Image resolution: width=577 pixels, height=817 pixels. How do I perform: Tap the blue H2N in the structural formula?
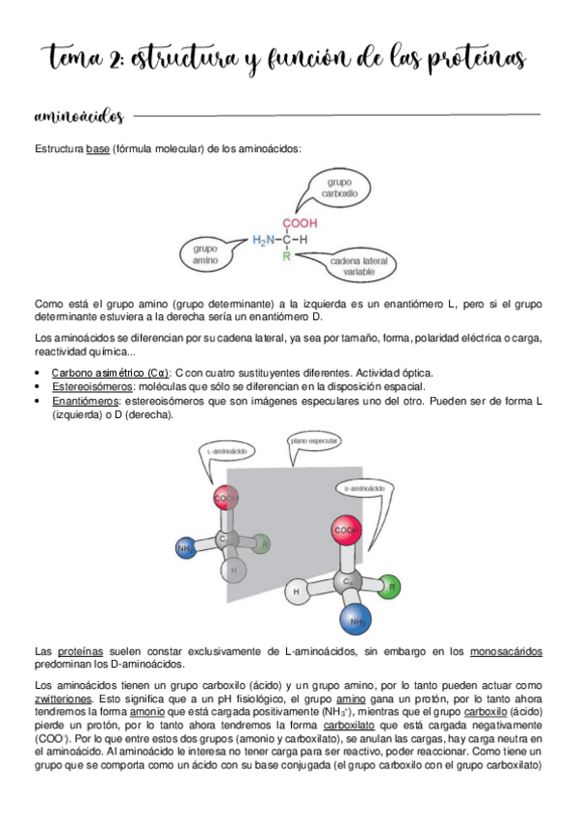[x=264, y=240]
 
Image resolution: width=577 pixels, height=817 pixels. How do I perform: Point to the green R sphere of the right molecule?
[x=390, y=584]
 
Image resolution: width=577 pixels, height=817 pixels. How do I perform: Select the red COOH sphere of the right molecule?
[x=346, y=531]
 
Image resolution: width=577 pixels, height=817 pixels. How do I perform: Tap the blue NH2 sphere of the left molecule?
[x=185, y=548]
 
